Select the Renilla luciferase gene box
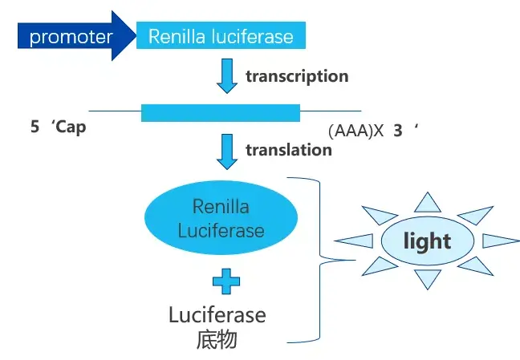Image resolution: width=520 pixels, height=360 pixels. point(220,36)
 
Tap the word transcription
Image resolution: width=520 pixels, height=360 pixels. point(296,76)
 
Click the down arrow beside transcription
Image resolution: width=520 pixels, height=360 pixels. point(228,76)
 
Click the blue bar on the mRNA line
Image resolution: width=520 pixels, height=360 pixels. point(220,112)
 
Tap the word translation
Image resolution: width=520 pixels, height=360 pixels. point(288,149)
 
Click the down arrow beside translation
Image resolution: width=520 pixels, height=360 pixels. point(228,151)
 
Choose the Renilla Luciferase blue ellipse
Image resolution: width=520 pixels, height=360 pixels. point(221,218)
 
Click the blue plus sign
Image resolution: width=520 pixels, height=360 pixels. point(226,281)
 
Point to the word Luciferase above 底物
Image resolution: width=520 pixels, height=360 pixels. point(217,314)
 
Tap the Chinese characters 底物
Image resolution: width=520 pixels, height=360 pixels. point(217,339)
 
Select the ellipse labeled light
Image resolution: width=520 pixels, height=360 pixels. point(427,241)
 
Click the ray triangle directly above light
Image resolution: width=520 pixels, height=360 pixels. point(429,202)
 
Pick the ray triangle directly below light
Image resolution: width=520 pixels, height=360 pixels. point(429,278)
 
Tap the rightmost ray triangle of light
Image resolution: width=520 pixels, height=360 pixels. point(499,241)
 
